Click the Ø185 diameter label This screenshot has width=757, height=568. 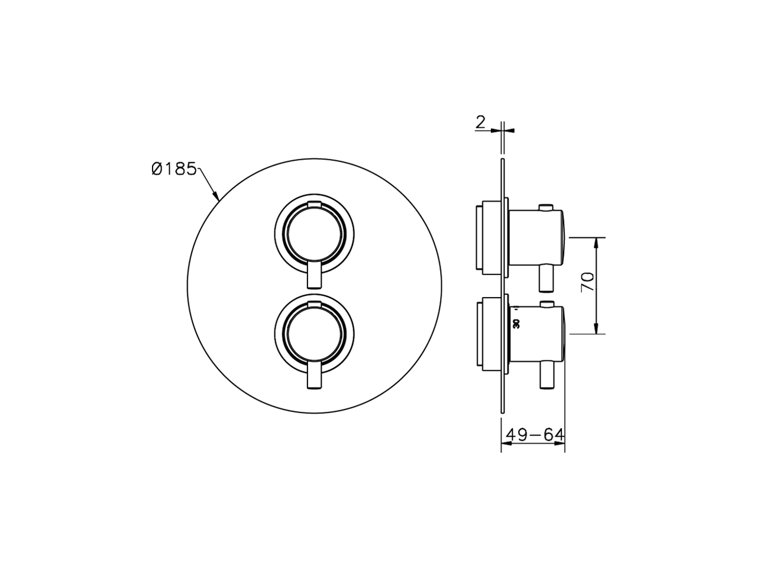(x=173, y=169)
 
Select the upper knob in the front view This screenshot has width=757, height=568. (x=315, y=232)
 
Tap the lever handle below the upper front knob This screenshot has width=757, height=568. (x=315, y=276)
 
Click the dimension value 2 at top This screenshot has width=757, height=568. (x=480, y=122)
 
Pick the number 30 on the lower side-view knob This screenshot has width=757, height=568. (x=516, y=323)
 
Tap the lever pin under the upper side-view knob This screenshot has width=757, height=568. (x=546, y=278)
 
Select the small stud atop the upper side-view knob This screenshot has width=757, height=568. (x=546, y=206)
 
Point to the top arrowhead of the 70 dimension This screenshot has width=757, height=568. (x=598, y=243)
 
